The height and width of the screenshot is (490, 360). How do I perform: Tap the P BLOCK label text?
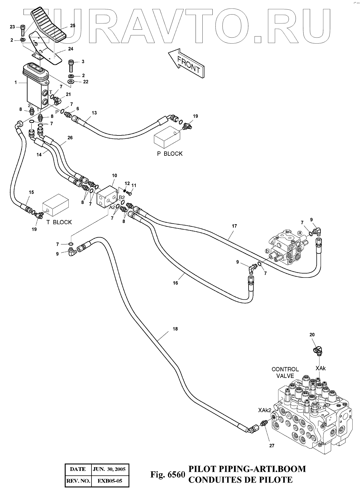170,154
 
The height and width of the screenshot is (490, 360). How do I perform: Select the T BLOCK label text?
59,222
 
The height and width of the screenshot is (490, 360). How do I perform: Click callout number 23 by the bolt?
12,27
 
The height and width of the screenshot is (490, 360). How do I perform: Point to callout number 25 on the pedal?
73,25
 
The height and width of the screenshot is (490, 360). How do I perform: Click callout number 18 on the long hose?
175,329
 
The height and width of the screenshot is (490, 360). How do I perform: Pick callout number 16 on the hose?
175,283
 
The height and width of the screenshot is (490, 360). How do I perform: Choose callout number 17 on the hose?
234,226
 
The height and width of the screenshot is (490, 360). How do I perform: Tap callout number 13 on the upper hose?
94,113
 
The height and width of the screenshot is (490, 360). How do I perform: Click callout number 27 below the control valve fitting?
272,446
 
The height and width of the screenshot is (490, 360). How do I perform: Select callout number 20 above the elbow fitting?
312,335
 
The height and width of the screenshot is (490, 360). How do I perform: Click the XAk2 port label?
265,410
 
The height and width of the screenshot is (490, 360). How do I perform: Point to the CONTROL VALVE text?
285,372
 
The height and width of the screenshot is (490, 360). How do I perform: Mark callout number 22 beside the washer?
86,82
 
